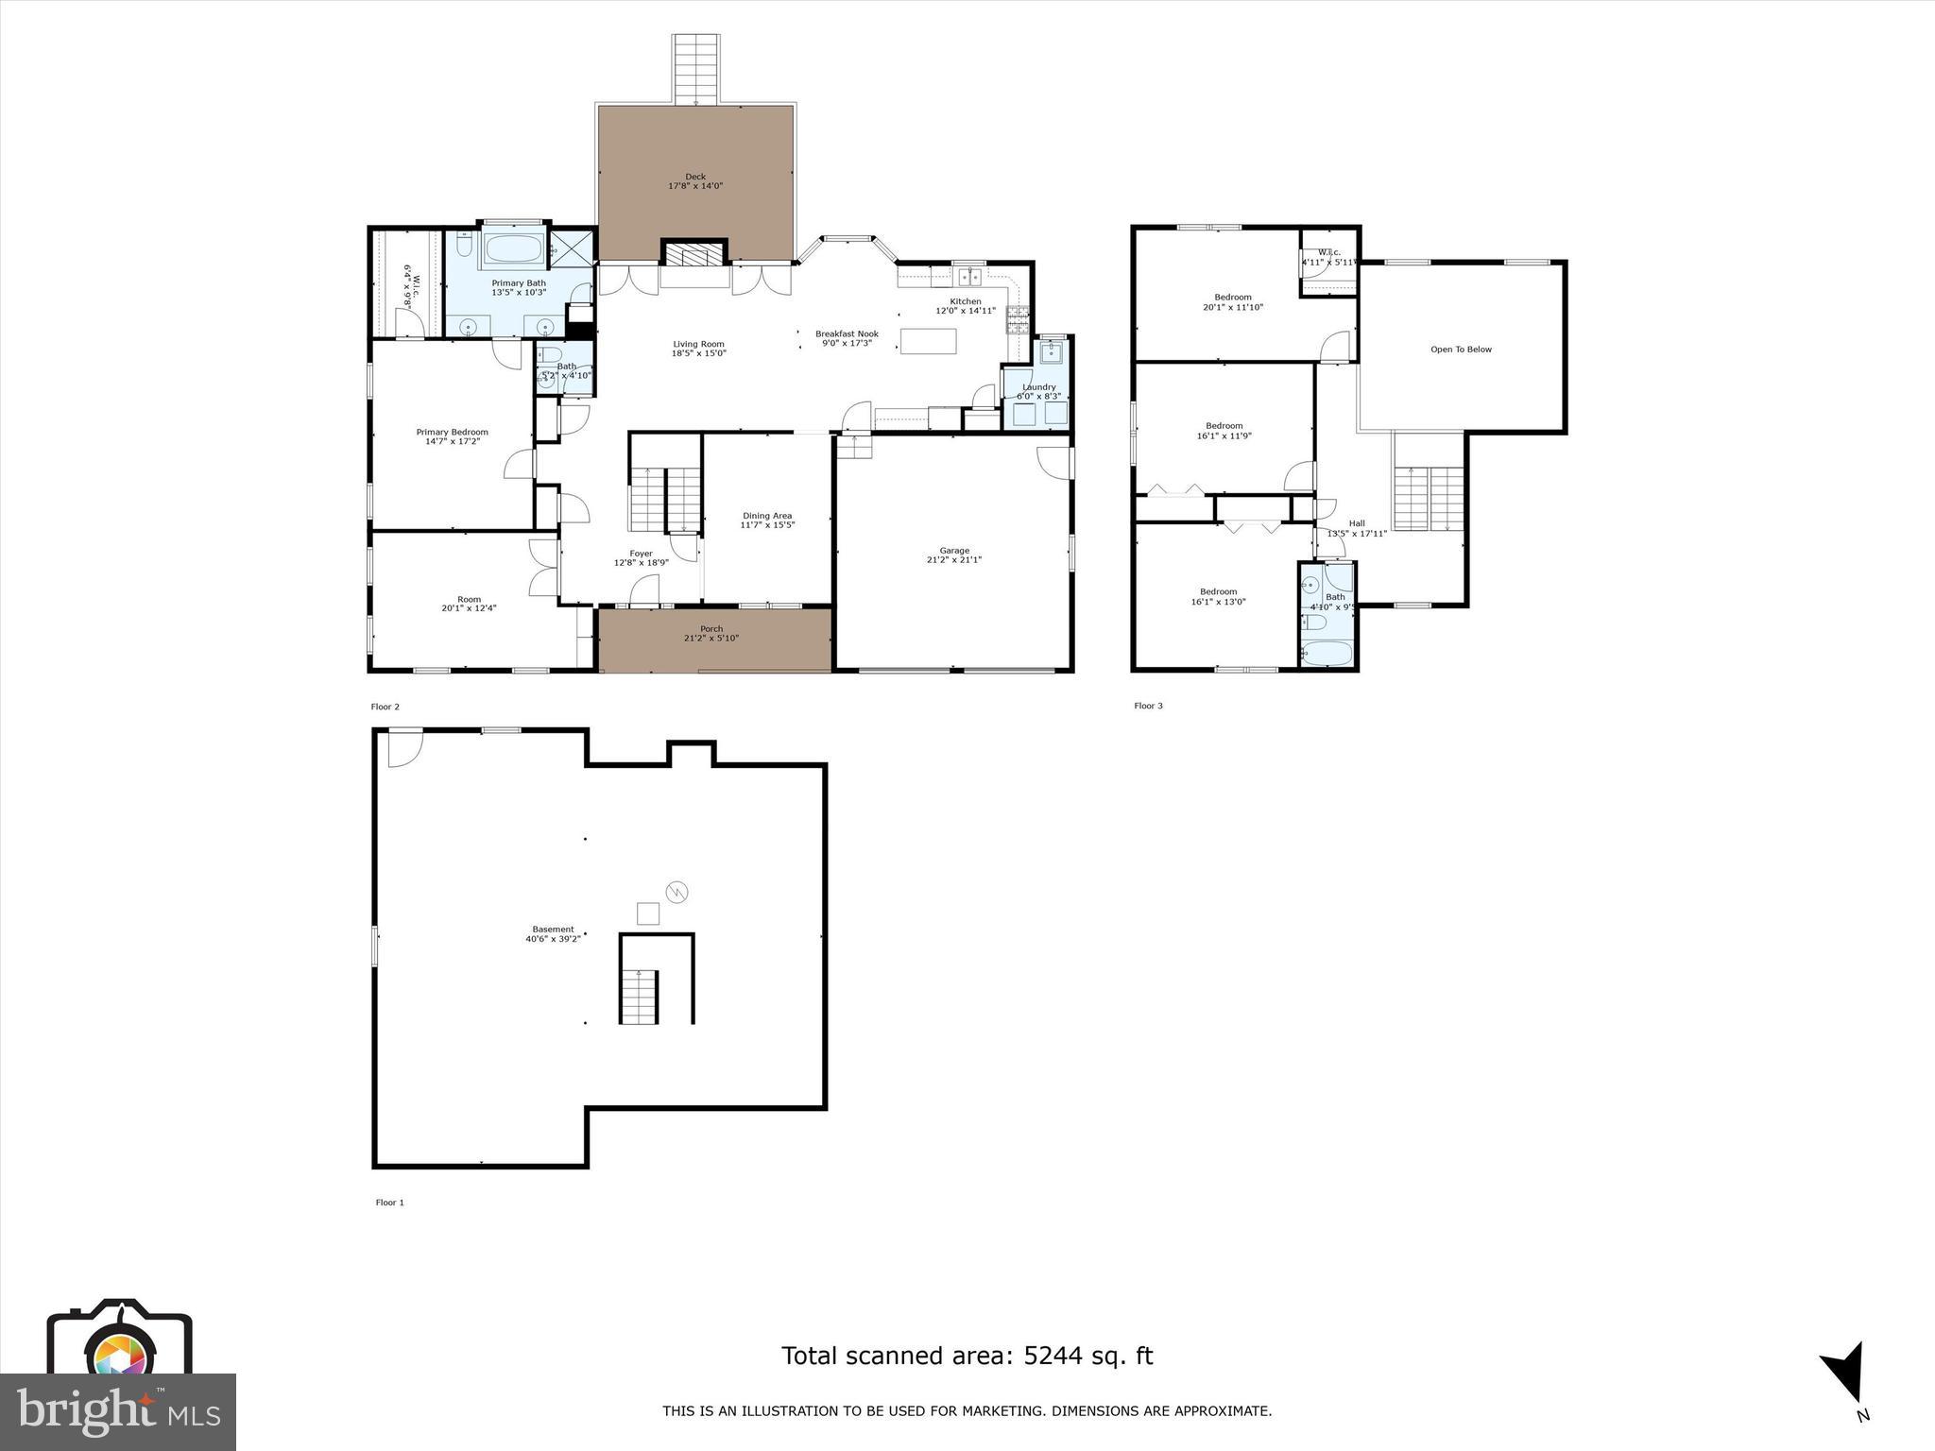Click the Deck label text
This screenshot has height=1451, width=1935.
point(695,177)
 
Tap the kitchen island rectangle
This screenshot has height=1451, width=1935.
point(928,340)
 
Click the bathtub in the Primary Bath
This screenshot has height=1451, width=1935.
point(513,250)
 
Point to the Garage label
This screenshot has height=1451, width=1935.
point(954,551)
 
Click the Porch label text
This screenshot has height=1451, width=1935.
point(711,629)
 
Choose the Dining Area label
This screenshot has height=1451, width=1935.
point(767,516)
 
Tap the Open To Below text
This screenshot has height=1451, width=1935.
point(1461,350)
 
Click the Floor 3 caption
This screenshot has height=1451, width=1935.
point(1148,706)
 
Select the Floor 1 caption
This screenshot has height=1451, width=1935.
point(389,1203)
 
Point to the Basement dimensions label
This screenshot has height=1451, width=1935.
point(553,939)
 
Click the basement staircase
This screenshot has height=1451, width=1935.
point(640,996)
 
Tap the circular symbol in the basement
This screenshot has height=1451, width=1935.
point(677,892)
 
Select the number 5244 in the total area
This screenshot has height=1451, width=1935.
point(1044,1356)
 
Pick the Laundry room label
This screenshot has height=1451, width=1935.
point(1038,387)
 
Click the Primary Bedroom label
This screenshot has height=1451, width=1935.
point(452,432)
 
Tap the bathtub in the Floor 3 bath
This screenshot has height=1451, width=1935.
point(1327,652)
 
